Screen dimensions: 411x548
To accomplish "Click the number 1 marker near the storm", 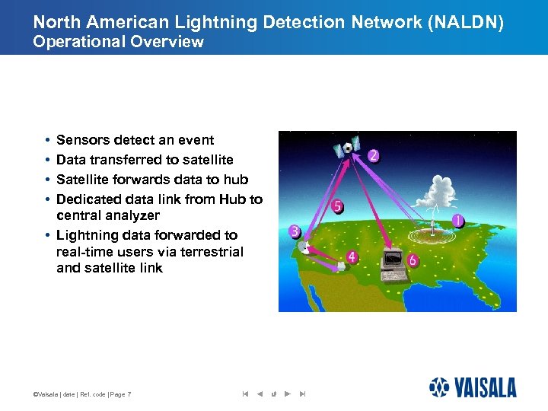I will [x=457, y=221].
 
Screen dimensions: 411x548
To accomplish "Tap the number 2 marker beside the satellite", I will [x=373, y=155].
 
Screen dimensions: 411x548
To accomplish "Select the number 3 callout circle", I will [x=295, y=231].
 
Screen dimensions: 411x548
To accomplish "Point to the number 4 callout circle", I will [x=351, y=257].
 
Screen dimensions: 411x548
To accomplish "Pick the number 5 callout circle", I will [x=338, y=206].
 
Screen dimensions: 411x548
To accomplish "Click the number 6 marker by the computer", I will [x=413, y=260].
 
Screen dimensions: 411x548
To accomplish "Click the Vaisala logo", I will [x=472, y=387].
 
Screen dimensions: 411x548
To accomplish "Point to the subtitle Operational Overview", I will [x=118, y=42].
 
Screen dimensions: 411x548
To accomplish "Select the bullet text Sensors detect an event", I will [x=135, y=140].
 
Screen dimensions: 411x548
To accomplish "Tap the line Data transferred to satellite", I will [x=145, y=160].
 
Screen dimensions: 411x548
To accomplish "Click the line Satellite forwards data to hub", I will [x=152, y=180].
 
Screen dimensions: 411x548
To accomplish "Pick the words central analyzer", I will [x=108, y=216].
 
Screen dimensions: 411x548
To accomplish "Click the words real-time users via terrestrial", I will [x=150, y=252].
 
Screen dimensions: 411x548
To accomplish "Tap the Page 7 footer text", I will [x=119, y=394].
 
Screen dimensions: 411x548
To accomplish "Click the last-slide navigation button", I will [x=302, y=394].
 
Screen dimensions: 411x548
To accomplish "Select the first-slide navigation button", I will [x=245, y=394].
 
